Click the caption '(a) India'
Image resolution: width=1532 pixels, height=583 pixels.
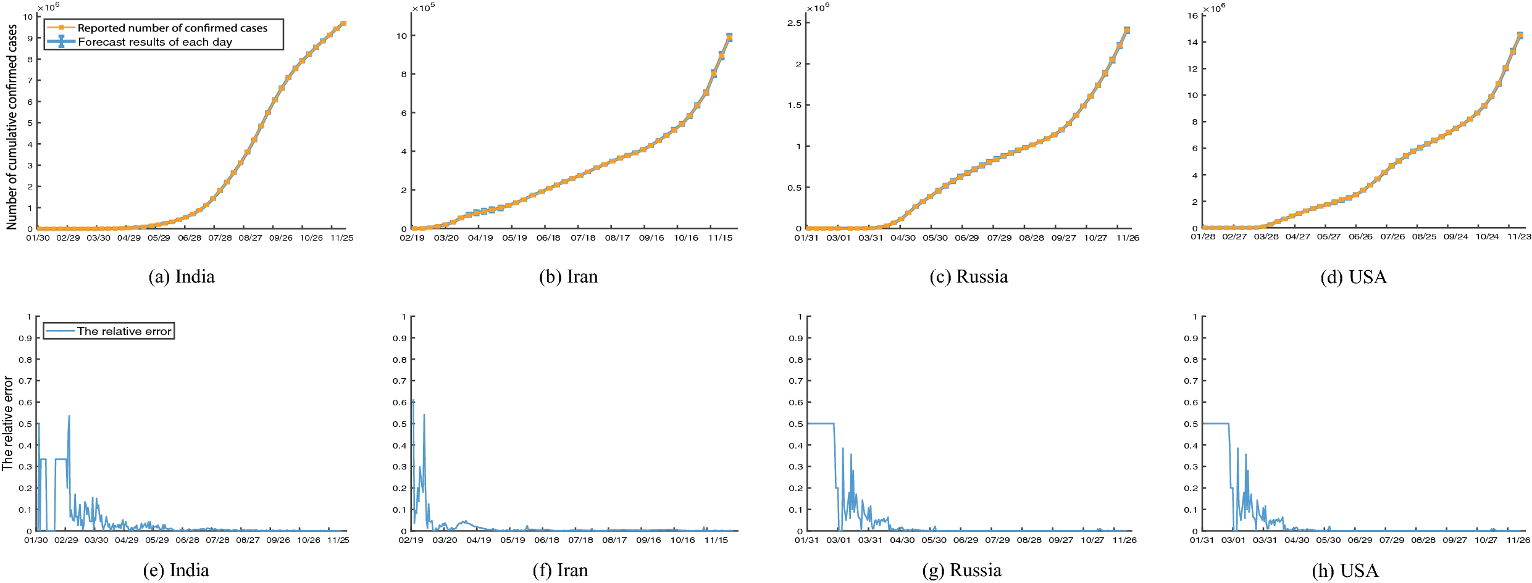pos(182,276)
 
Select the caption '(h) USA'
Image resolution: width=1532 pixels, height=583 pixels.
pos(1345,571)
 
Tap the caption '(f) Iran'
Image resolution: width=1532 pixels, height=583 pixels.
pos(560,571)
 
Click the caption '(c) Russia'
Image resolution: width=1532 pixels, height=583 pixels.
pos(968,276)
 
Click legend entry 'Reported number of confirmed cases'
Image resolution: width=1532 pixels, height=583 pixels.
pos(172,28)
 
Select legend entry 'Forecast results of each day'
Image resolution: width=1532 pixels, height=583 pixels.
pos(155,42)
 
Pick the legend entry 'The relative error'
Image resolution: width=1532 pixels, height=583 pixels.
pos(123,331)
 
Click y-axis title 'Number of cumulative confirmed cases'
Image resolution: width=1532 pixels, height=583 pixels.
pos(12,127)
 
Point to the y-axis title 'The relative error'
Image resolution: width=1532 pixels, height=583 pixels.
pos(7,423)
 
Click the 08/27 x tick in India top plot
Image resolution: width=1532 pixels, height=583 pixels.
pos(250,238)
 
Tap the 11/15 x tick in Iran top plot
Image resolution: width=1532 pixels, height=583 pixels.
pos(720,238)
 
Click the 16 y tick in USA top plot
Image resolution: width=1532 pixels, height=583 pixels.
pos(1192,15)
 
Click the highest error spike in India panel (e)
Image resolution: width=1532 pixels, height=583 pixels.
pos(69,416)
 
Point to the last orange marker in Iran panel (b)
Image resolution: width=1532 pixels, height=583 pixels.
pos(729,38)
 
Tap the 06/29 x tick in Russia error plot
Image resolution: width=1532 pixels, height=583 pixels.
pos(965,540)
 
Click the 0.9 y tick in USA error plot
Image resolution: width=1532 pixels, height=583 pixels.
pos(1191,338)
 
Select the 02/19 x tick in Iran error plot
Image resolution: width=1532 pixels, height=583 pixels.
pos(411,540)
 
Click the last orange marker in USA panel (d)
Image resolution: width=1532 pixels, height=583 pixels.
pos(1520,36)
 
